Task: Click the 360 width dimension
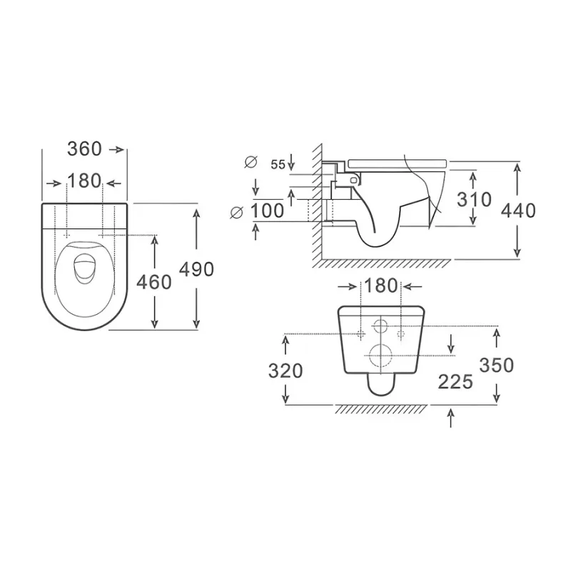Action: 84,149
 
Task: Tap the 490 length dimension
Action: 197,270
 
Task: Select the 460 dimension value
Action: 154,282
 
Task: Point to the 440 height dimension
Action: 518,211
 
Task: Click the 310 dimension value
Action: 474,200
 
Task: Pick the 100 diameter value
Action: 267,211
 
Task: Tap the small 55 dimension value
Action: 278,165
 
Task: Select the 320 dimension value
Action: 285,371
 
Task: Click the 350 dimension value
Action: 496,365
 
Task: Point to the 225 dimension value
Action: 455,382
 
